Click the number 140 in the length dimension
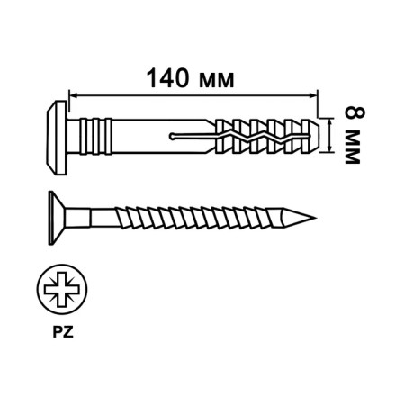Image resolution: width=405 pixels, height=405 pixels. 168,78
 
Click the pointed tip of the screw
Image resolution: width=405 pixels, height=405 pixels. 315,217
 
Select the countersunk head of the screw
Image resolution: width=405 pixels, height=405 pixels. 52,217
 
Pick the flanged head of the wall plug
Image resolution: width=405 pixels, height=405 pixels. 52,135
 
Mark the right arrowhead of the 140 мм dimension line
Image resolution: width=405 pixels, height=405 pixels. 314,94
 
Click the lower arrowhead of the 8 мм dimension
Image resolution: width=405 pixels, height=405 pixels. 334,148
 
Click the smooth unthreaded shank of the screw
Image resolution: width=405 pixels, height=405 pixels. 90,217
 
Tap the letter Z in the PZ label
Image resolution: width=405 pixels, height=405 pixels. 67,329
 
